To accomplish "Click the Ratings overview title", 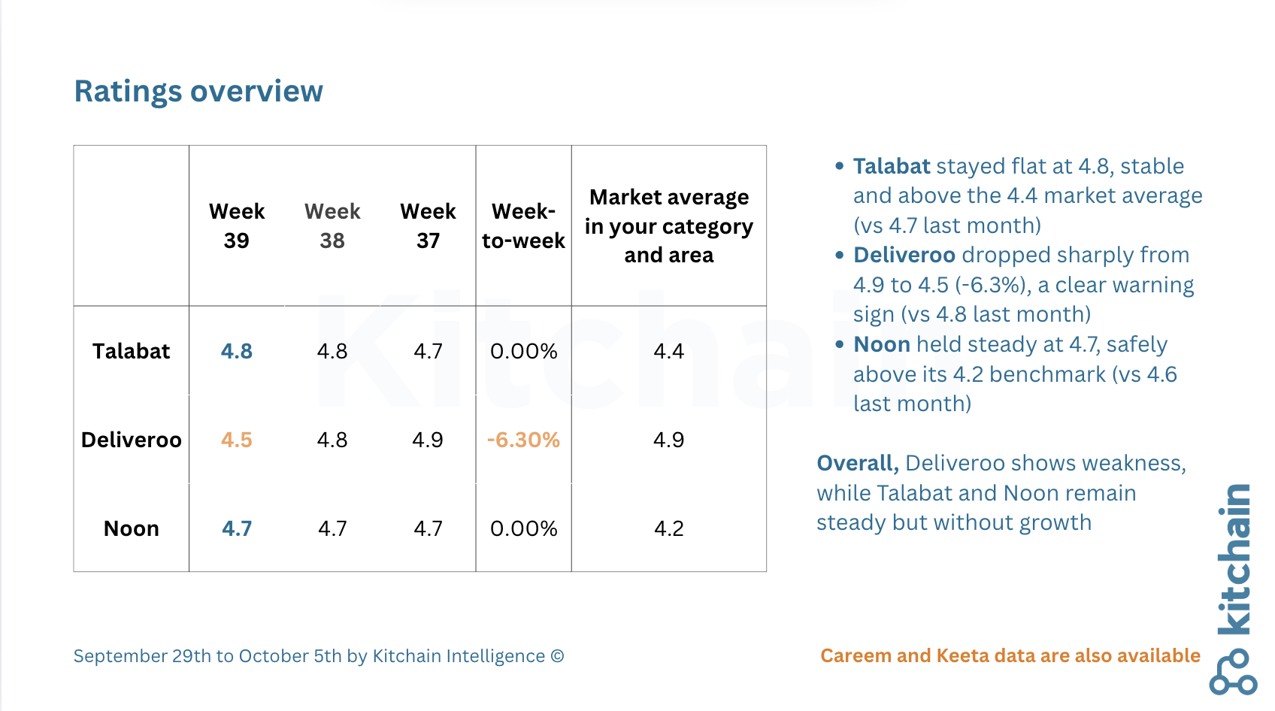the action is click(198, 92).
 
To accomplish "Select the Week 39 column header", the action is click(236, 226).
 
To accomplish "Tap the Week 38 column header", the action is click(332, 226).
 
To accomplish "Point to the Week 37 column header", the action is click(428, 226).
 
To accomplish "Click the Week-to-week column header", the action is click(523, 226).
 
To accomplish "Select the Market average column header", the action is click(669, 226).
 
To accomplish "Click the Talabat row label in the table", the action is click(131, 351).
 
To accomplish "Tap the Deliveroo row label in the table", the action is click(131, 440).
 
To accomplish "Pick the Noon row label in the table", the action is click(131, 529).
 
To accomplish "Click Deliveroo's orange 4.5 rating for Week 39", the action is click(236, 440).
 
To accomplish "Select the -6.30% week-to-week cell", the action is click(523, 440).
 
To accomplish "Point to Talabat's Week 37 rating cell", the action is click(428, 351).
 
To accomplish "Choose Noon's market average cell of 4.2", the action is click(669, 529).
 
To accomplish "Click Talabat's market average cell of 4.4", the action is click(669, 351).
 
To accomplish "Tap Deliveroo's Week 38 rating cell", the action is click(332, 440).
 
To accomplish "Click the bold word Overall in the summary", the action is click(858, 464).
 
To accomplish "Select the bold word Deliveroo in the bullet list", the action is click(904, 255).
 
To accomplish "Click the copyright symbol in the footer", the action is click(557, 656).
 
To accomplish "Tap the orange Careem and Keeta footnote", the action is click(1010, 656).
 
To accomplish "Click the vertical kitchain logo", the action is click(1233, 589).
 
